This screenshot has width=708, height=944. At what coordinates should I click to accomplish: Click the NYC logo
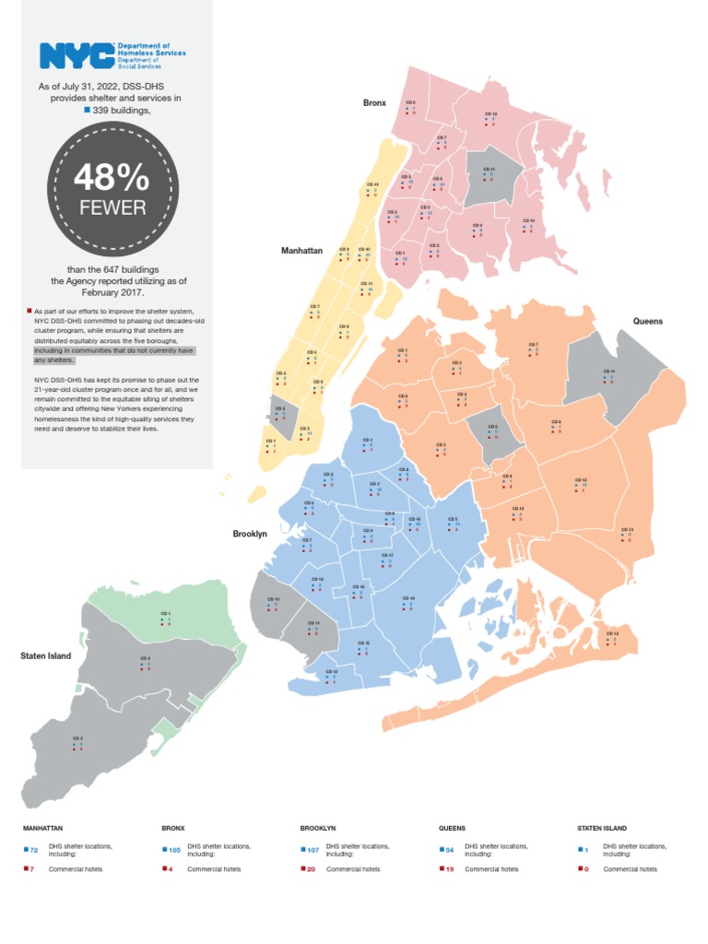point(76,55)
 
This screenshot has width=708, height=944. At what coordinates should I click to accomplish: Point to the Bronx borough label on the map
point(374,103)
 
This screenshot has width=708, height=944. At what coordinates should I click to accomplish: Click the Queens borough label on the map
point(648,320)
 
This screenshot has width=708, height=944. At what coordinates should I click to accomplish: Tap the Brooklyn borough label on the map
point(250,533)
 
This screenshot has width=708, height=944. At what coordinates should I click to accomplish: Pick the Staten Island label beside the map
point(46,655)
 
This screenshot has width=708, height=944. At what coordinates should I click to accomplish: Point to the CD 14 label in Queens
point(612,633)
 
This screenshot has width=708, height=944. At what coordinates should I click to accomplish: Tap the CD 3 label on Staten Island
point(78,739)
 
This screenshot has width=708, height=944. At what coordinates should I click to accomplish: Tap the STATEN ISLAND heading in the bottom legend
point(602,828)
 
